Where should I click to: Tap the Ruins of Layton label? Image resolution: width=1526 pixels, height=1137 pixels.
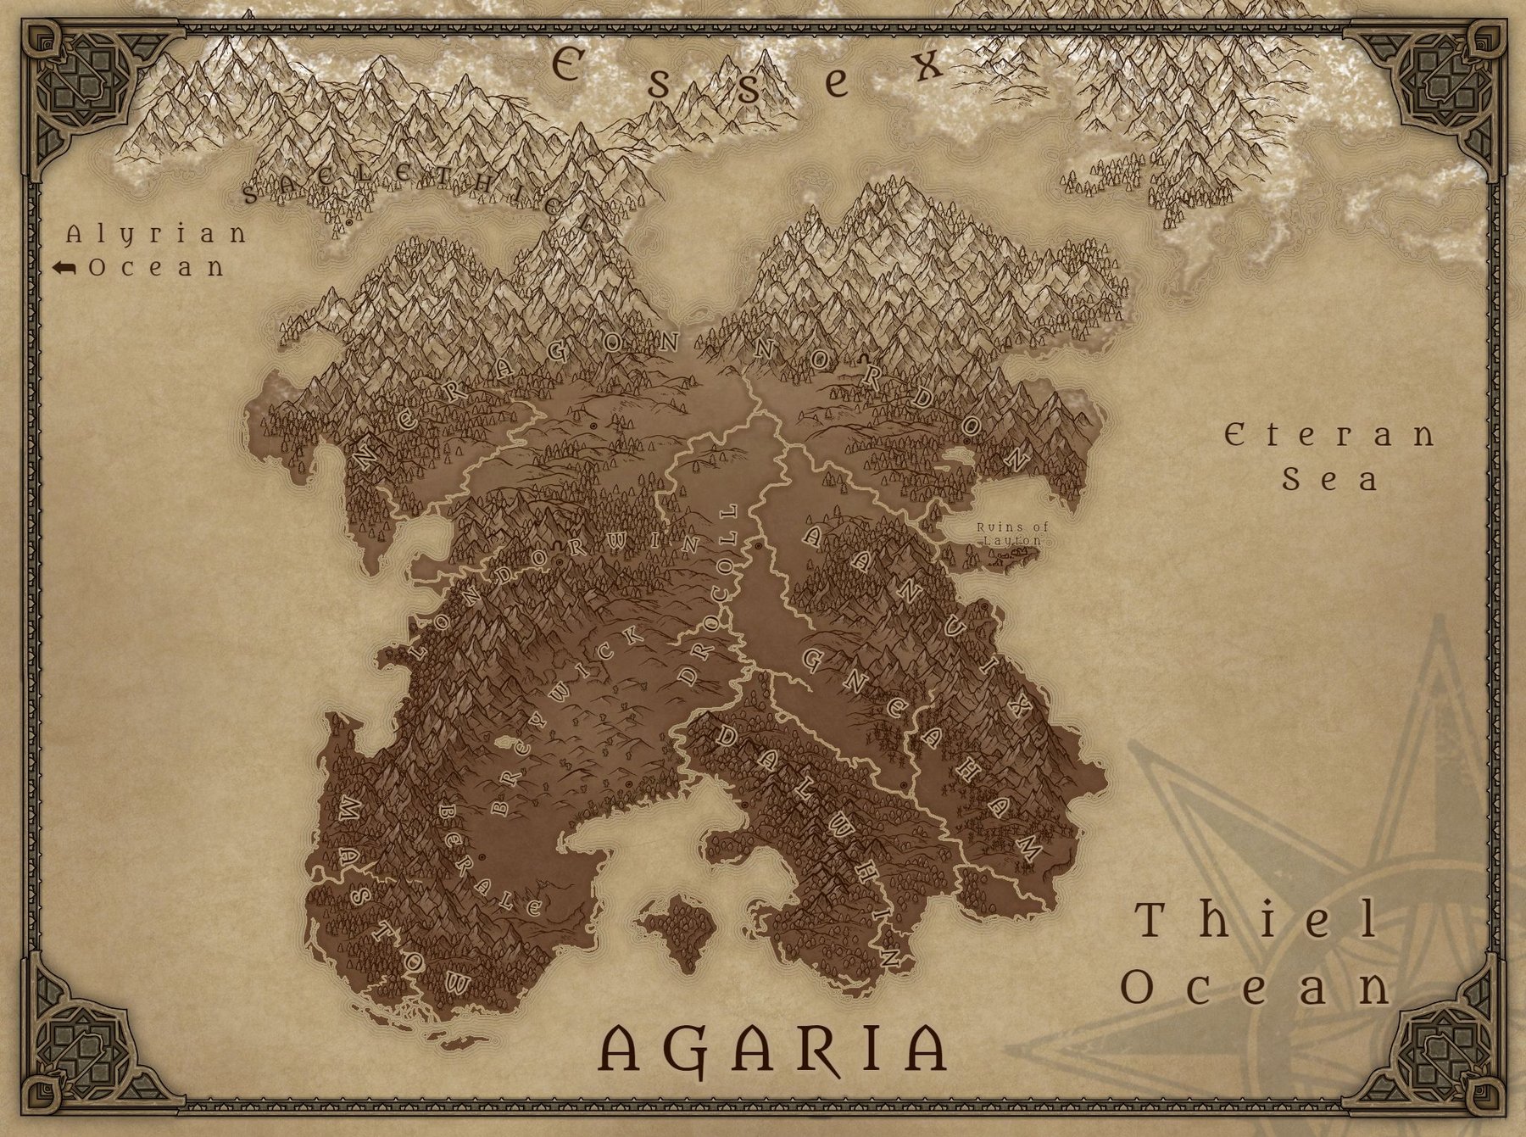point(1013,533)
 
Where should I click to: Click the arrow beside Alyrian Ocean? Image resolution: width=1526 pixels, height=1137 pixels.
point(64,268)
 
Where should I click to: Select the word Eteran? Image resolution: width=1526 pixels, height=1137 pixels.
point(1329,436)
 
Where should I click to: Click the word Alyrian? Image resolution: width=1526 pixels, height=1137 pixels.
point(156,234)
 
